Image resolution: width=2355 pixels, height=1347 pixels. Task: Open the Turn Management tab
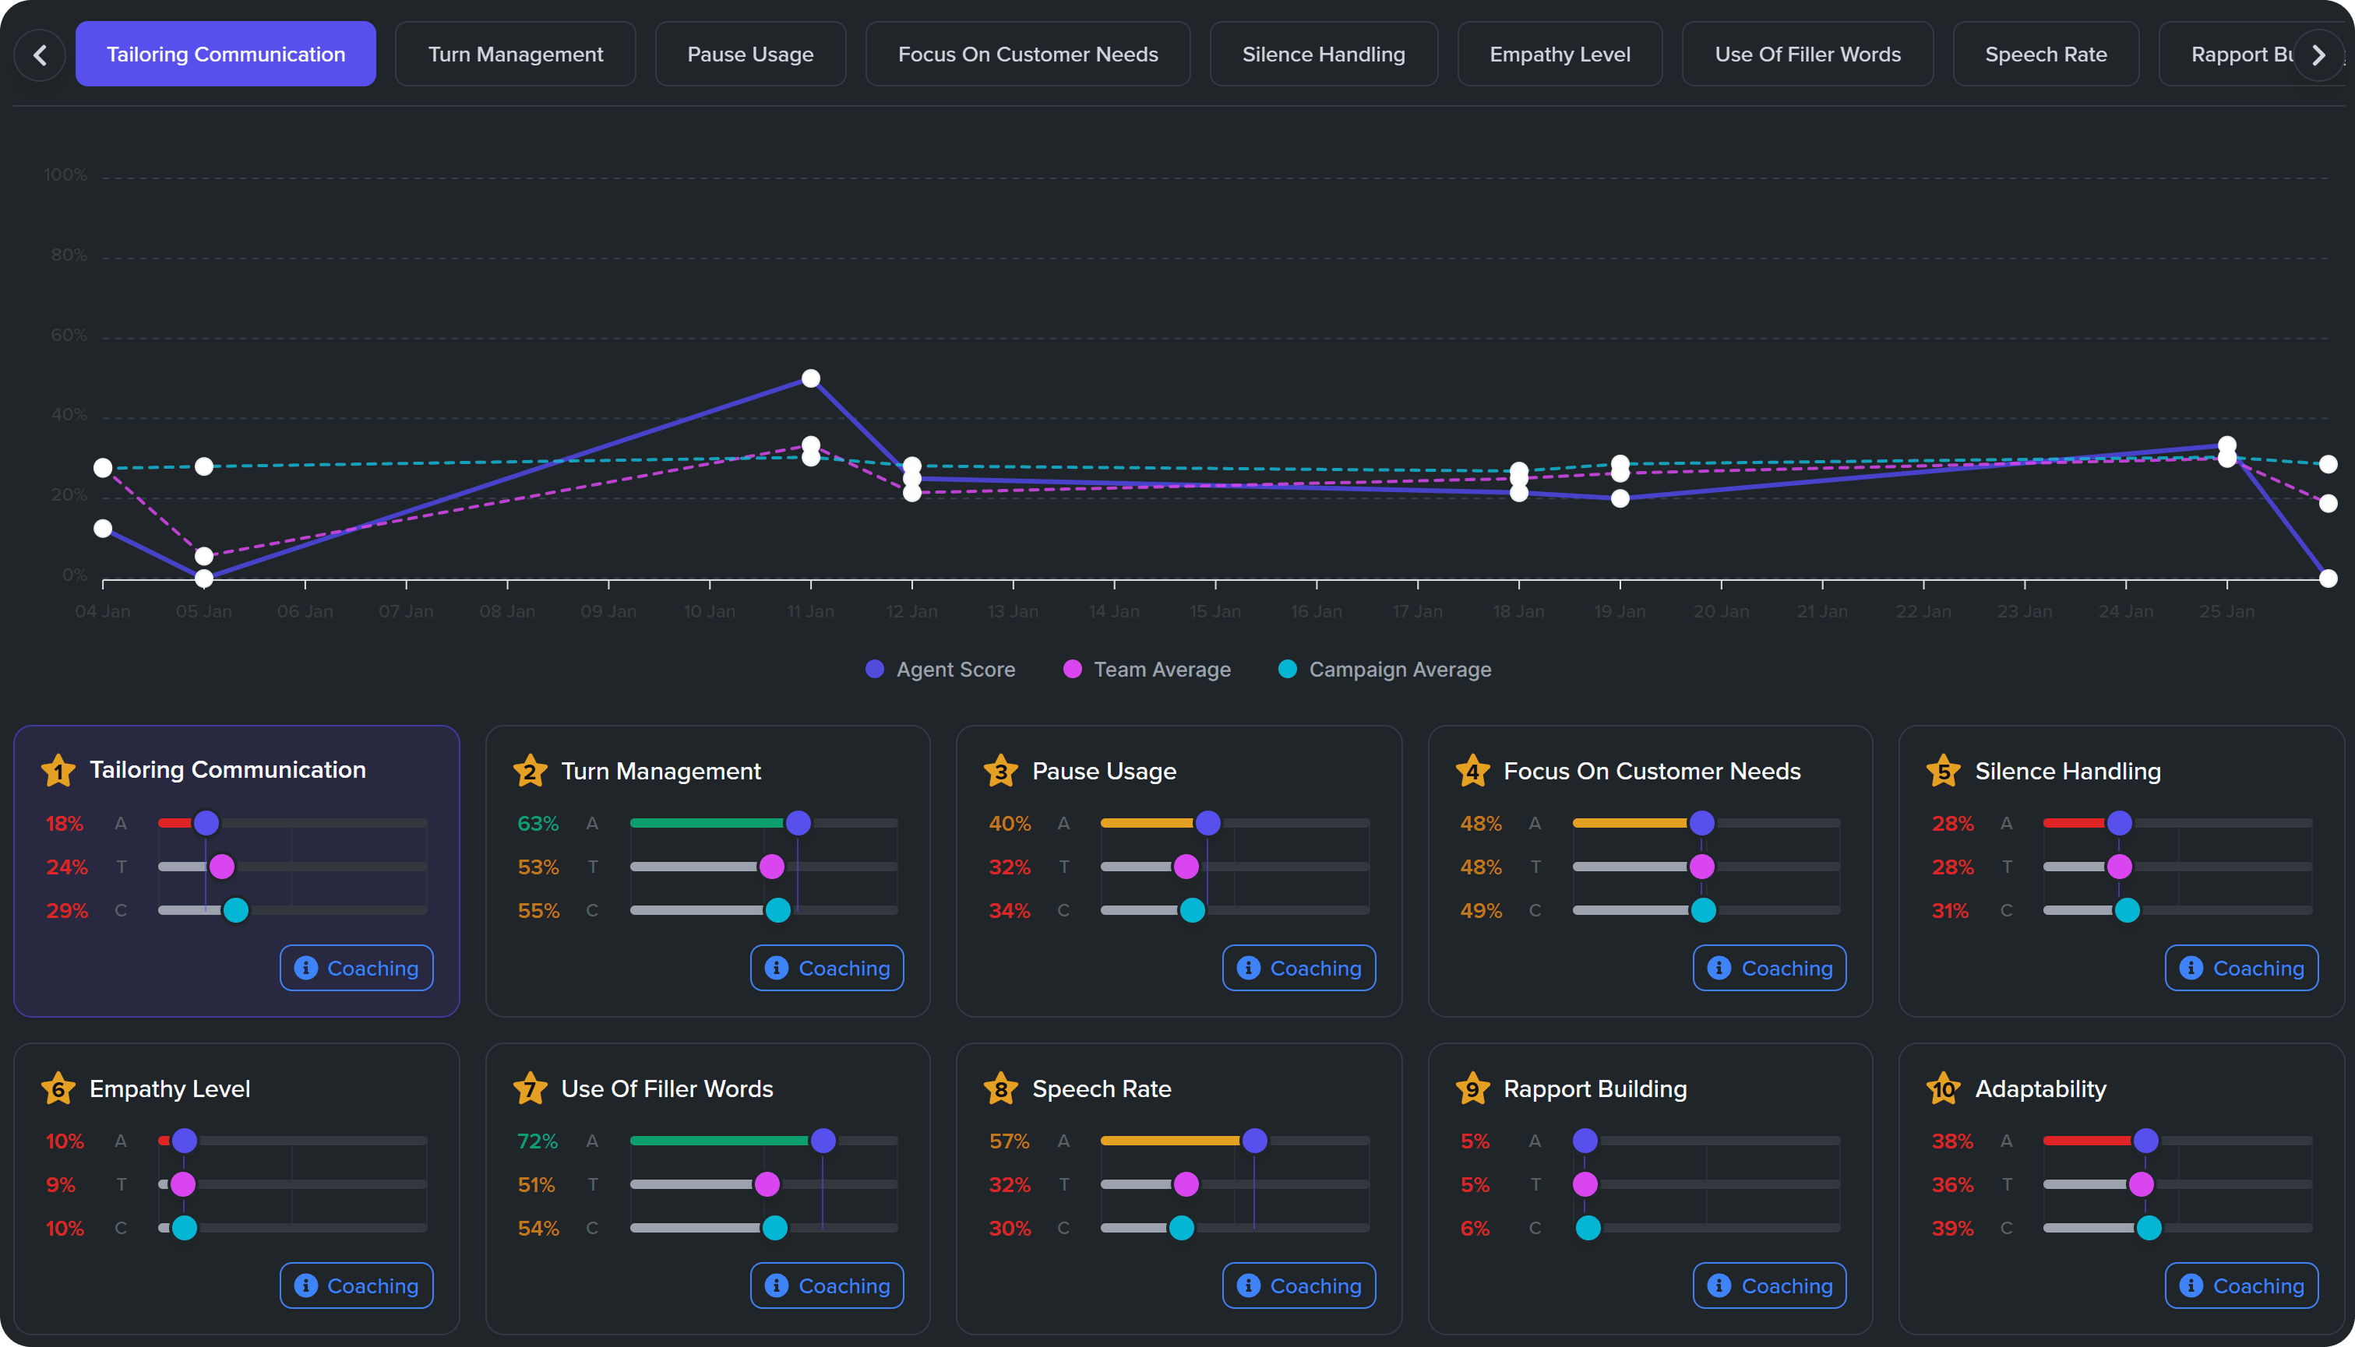(x=516, y=55)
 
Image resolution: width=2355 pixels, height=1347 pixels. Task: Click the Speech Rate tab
(x=2045, y=55)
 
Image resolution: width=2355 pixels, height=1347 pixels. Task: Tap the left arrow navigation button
(x=40, y=55)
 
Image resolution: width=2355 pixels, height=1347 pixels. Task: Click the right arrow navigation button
(x=2318, y=55)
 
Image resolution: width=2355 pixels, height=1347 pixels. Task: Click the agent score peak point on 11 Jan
(x=811, y=378)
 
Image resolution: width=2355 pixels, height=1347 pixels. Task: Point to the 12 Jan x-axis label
(x=911, y=611)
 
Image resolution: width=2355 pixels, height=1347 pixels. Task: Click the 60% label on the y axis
(x=69, y=335)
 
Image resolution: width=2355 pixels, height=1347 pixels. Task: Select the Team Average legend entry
(x=1148, y=669)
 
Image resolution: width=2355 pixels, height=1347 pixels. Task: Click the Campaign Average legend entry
(x=1384, y=669)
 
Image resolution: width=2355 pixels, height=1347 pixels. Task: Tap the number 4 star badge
(x=1472, y=771)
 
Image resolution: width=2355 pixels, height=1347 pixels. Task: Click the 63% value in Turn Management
(x=538, y=823)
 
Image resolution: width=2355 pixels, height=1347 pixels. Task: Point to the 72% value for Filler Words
(x=538, y=1141)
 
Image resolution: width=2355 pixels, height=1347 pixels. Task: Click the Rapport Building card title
(x=1595, y=1089)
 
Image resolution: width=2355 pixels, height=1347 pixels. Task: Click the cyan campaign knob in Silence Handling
(x=2127, y=910)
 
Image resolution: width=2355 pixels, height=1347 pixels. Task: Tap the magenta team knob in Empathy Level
(x=183, y=1184)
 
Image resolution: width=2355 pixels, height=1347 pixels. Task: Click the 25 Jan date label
(x=2226, y=611)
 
